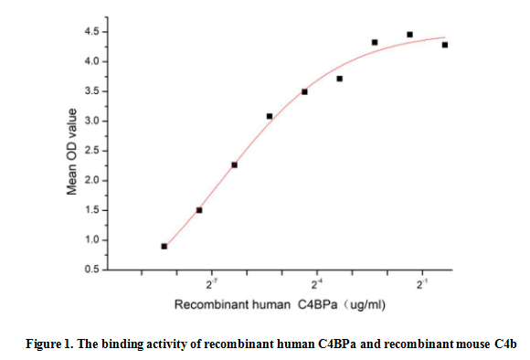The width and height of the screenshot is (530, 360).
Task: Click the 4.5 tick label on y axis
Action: pos(92,32)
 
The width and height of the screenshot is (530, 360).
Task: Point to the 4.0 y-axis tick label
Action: pos(92,61)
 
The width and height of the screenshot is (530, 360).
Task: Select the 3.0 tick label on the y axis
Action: pos(92,121)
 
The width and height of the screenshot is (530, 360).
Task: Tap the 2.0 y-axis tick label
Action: pos(92,180)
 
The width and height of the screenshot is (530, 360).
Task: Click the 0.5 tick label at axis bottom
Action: pos(92,270)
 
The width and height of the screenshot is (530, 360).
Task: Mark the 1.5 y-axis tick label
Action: pos(92,210)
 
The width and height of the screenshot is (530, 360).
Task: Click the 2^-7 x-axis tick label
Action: pos(212,285)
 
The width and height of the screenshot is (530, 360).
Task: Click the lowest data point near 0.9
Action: pos(164,246)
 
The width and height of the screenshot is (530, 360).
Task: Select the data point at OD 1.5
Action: pos(199,210)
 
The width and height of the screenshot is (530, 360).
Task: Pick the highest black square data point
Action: pos(409,35)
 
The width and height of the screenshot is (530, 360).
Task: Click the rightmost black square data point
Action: pos(444,45)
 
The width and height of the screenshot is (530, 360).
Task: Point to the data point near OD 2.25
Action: pos(234,164)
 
